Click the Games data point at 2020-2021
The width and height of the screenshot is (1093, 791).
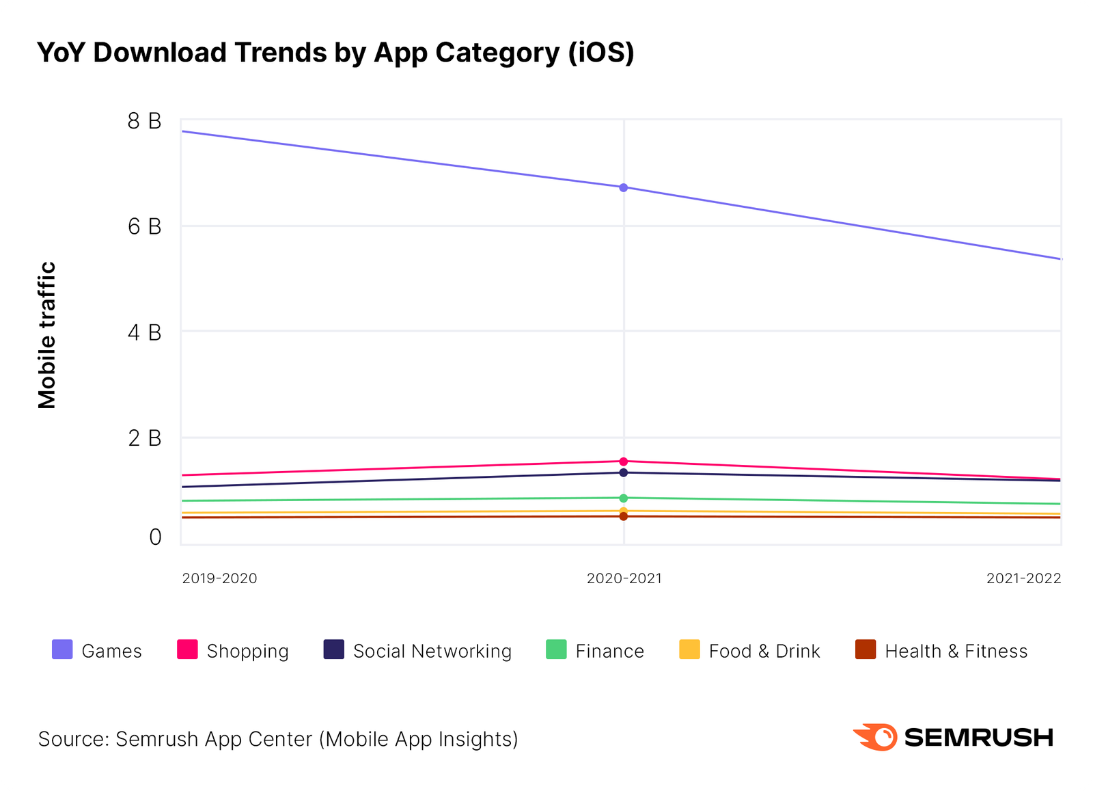[x=623, y=187]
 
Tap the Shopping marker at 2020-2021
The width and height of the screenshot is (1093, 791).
[x=623, y=461]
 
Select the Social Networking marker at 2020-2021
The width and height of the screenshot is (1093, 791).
[x=623, y=472]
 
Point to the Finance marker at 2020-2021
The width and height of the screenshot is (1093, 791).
[x=623, y=498]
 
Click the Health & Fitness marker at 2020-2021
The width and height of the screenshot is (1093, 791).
[x=623, y=516]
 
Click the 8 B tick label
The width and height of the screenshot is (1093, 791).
[x=144, y=122]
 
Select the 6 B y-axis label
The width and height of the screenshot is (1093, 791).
[x=144, y=227]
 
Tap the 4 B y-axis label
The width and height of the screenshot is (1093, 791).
[x=144, y=333]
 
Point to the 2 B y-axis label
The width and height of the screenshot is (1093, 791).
[x=144, y=438]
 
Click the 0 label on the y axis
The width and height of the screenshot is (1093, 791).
[x=155, y=537]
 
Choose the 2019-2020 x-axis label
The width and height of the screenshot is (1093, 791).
[x=219, y=578]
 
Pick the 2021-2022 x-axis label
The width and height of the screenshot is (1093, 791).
[x=1023, y=578]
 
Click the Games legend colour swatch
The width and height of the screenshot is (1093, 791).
[x=62, y=649]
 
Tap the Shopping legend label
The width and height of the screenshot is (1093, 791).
[x=247, y=652]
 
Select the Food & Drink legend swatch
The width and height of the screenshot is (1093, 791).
[x=689, y=649]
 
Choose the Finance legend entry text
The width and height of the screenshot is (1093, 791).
[x=609, y=652]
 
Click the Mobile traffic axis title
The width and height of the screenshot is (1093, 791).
[x=47, y=335]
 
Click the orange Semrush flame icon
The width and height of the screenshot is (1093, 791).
[x=875, y=737]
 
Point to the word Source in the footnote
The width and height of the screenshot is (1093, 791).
[x=72, y=739]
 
